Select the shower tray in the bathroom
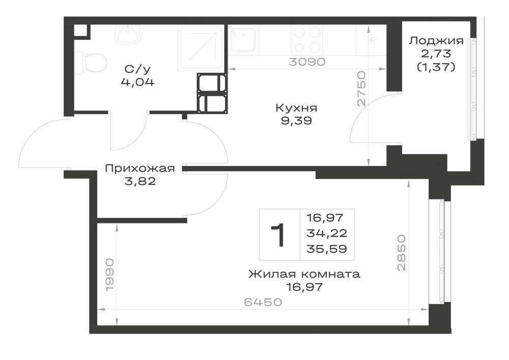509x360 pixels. pos(201,48)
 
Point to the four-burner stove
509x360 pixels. pos(307,39)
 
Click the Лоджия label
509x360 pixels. pos(436,41)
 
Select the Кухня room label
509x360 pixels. pos(296,108)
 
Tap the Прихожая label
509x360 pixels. pos(140,169)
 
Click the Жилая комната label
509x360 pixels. pos(304,274)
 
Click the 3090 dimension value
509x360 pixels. pos(307,62)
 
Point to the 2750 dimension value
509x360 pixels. pos(361,89)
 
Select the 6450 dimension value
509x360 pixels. pos(263,302)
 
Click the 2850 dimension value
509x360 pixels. pos(401,253)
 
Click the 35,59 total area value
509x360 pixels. pos(327,249)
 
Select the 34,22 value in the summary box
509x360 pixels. pos(327,233)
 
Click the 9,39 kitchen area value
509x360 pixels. pos(296,121)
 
